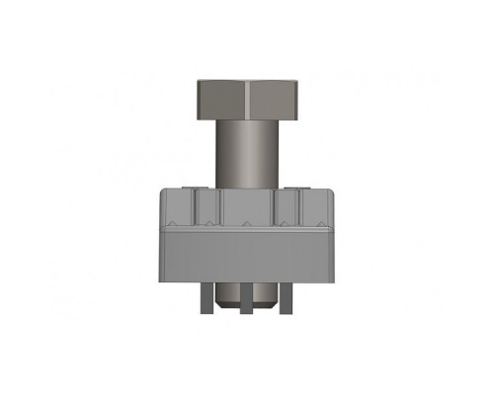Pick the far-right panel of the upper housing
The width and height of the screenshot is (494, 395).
316,209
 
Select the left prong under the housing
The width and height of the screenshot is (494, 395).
206,296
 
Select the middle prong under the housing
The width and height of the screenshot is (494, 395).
245,298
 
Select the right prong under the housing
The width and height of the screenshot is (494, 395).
286,296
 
